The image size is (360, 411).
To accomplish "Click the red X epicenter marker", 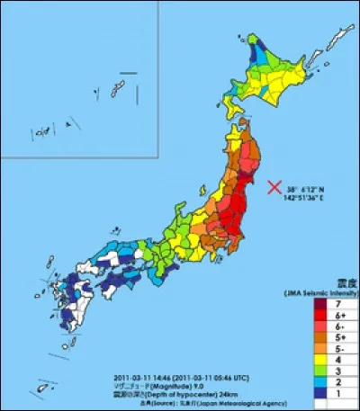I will pyautogui.click(x=273, y=187).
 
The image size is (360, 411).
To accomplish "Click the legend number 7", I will pyautogui.click(x=338, y=305).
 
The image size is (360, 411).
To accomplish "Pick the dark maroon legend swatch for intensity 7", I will pyautogui.click(x=319, y=305).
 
